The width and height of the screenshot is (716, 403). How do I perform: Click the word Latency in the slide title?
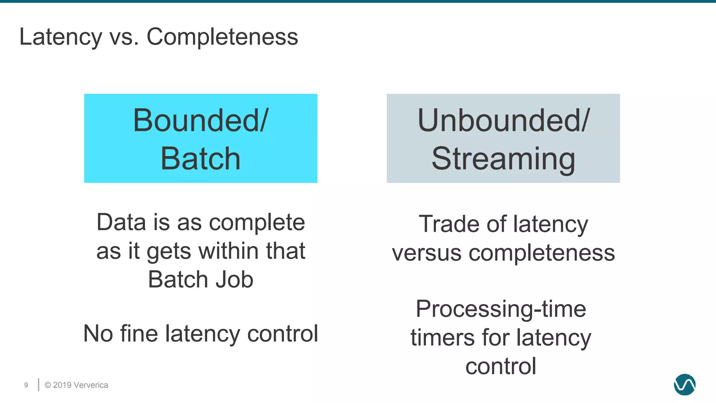(x=60, y=37)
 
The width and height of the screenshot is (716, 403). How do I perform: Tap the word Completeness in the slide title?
(x=222, y=37)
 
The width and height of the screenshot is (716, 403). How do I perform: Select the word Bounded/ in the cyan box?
(x=201, y=121)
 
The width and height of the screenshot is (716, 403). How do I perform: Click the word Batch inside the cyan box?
(x=201, y=159)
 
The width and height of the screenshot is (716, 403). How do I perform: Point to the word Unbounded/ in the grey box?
(x=503, y=121)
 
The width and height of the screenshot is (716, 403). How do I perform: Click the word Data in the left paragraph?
(x=121, y=222)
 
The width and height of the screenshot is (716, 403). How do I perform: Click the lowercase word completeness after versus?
(x=542, y=253)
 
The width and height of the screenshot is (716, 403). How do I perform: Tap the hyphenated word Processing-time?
(x=501, y=309)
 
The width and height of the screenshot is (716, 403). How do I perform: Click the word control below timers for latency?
(x=501, y=366)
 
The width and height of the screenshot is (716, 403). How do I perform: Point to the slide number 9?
(x=26, y=385)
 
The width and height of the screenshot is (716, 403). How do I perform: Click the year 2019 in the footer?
(x=63, y=385)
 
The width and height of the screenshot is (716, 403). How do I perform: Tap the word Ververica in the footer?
(x=91, y=385)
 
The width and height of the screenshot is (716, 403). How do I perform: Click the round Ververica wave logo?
(x=685, y=384)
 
